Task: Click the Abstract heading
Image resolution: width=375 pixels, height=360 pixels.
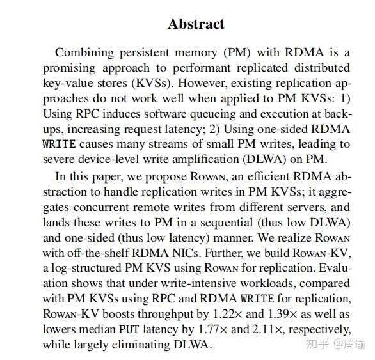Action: (x=196, y=24)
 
